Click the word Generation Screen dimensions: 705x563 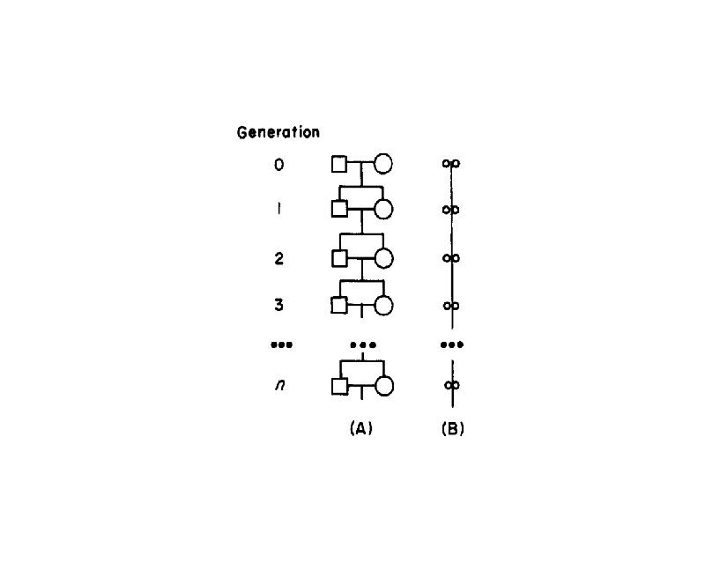pyautogui.click(x=278, y=133)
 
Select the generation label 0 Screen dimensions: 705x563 pyautogui.click(x=278, y=164)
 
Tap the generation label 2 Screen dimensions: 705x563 pyautogui.click(x=278, y=258)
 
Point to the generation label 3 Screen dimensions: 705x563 pyautogui.click(x=278, y=305)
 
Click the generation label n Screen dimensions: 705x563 pyautogui.click(x=279, y=385)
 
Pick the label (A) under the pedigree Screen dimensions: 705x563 pyautogui.click(x=361, y=429)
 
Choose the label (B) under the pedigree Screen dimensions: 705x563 pyautogui.click(x=452, y=429)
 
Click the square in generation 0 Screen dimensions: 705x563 pyautogui.click(x=339, y=164)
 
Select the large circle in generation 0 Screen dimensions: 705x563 pyautogui.click(x=383, y=164)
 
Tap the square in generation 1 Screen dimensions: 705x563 pyautogui.click(x=339, y=210)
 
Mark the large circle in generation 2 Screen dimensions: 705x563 pyautogui.click(x=383, y=258)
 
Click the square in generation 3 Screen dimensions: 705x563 pyautogui.click(x=339, y=305)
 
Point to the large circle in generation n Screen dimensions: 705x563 pyautogui.click(x=383, y=386)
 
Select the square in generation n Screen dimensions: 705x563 pyautogui.click(x=339, y=386)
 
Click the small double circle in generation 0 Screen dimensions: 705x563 pyautogui.click(x=451, y=164)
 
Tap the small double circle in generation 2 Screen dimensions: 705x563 pyautogui.click(x=451, y=258)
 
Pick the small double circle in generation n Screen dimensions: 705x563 pyautogui.click(x=451, y=385)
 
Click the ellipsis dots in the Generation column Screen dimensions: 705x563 pyautogui.click(x=281, y=344)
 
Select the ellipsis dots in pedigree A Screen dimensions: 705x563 pyautogui.click(x=362, y=344)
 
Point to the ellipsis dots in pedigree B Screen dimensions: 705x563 pyautogui.click(x=451, y=344)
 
